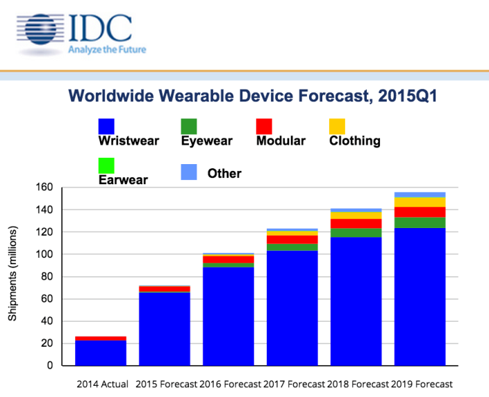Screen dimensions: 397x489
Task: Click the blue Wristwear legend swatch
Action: pos(107,126)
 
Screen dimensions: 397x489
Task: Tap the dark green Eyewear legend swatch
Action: pos(189,126)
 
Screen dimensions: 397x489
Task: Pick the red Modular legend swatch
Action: pos(265,126)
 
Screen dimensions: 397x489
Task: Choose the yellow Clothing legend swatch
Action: pos(336,126)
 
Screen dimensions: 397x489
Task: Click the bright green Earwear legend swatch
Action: pos(107,166)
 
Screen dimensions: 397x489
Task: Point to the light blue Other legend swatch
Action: pos(189,170)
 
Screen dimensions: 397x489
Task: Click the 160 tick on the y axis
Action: pos(46,187)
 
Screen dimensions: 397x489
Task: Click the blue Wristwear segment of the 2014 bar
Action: pos(101,353)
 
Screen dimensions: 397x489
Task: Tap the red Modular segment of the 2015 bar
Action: pos(165,289)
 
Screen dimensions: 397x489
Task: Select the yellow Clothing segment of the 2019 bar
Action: pos(420,202)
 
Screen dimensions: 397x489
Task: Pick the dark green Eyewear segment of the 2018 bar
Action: pos(356,233)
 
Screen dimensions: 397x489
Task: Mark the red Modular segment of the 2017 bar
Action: pos(292,239)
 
